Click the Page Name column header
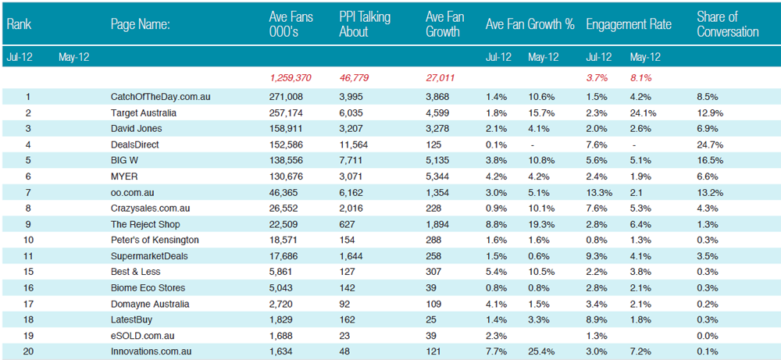click(141, 24)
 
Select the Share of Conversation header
click(728, 24)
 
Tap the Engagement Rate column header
click(629, 24)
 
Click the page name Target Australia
click(144, 113)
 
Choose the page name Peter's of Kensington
click(155, 240)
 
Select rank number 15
click(27, 272)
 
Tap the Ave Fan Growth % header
click(530, 24)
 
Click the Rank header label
click(20, 24)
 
